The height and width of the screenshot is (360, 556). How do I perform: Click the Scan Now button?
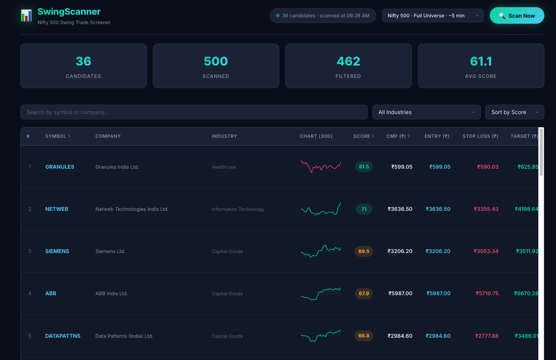click(516, 15)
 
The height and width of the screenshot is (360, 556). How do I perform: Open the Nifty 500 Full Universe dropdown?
click(433, 15)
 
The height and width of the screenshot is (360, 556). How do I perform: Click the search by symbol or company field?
click(193, 112)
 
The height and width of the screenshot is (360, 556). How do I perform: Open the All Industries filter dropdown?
click(426, 112)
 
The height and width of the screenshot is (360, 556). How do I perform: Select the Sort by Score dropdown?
click(514, 112)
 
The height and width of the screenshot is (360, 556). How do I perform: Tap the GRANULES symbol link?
click(59, 167)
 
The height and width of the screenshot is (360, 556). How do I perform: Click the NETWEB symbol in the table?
click(56, 209)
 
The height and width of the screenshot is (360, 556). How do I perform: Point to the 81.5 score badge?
click(364, 166)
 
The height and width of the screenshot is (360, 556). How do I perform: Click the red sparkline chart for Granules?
click(320, 166)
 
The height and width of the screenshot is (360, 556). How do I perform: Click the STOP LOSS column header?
click(480, 136)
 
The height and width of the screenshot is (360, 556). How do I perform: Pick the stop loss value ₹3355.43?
click(486, 209)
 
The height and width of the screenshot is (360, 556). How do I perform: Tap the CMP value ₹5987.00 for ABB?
click(401, 293)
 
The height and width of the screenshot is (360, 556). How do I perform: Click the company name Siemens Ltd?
click(110, 251)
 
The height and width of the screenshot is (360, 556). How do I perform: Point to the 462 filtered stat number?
click(348, 61)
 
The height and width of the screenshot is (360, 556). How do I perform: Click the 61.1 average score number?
click(481, 61)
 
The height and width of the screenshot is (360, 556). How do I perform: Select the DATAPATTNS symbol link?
click(62, 336)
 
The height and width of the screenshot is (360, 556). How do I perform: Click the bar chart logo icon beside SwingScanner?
click(26, 16)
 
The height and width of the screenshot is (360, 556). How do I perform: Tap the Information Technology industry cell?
click(238, 209)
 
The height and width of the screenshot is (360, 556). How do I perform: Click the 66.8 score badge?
click(364, 336)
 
